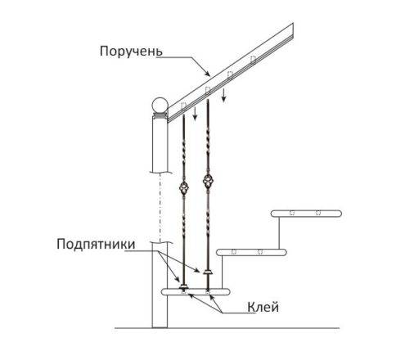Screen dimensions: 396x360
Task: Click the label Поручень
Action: coord(131,52)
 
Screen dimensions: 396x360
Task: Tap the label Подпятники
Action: coord(96,244)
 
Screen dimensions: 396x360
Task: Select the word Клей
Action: coord(263,307)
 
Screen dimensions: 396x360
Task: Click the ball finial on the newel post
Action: coord(160,106)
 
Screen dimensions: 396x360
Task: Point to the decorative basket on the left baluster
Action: coord(183,187)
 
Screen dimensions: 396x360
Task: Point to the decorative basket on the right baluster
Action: coord(208,180)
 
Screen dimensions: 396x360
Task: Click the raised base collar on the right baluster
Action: coord(209,272)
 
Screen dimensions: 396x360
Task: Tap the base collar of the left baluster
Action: coord(183,286)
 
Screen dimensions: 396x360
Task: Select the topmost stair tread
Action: coord(306,214)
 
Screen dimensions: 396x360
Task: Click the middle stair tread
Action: coord(251,252)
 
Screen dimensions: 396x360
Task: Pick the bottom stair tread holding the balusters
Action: coord(196,292)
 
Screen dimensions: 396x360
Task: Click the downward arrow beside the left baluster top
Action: coord(195,114)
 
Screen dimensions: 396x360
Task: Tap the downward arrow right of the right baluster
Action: coord(223,95)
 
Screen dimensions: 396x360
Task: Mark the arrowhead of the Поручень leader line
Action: coord(208,74)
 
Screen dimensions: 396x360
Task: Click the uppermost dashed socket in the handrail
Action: coord(253,60)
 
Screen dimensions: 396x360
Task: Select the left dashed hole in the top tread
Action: coord(292,213)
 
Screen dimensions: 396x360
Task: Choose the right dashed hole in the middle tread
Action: coord(260,251)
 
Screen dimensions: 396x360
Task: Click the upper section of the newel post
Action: coord(160,145)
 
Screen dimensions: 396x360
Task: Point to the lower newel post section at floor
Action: coord(160,285)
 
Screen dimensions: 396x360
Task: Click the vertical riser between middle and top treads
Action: coord(279,232)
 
